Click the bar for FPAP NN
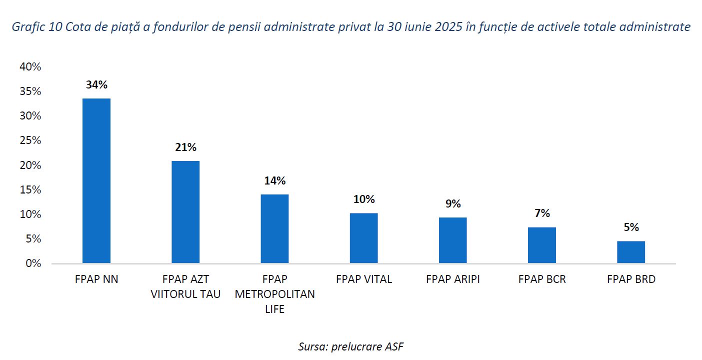tap(96, 180)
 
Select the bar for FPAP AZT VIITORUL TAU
tap(185, 212)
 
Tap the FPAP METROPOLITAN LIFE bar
tap(274, 228)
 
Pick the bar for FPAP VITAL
tap(363, 238)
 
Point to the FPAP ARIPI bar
tap(452, 240)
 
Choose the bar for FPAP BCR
tap(542, 245)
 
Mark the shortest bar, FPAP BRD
tap(631, 252)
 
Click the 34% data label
tap(96, 84)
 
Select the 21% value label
tap(185, 147)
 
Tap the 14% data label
tap(274, 180)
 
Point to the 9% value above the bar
tap(453, 203)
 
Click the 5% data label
tap(631, 227)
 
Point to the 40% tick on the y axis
tap(29, 67)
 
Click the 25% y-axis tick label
tap(29, 140)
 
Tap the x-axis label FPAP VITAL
tap(363, 279)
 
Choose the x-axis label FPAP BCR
tap(542, 279)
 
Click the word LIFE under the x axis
tap(274, 309)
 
